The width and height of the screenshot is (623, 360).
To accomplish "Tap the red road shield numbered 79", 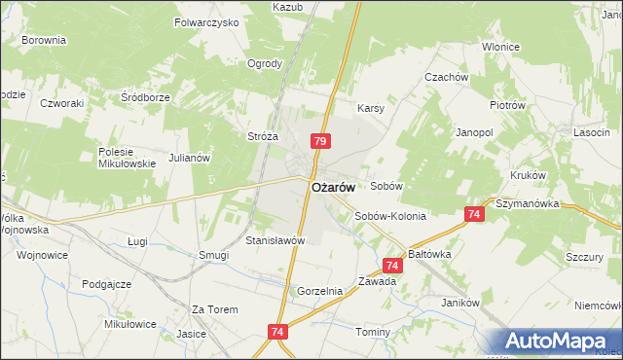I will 319,142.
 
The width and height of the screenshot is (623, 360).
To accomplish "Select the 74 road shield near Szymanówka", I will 474,214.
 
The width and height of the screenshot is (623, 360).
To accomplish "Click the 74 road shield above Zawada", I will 392,265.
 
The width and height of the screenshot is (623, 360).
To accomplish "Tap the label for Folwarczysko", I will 206,21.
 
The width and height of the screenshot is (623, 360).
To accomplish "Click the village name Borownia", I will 44,40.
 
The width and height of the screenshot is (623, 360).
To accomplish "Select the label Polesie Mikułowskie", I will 128,158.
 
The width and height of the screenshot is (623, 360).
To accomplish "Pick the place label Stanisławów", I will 275,239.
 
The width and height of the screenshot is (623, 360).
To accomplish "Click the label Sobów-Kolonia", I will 390,216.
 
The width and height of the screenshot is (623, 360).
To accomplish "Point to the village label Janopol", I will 475,131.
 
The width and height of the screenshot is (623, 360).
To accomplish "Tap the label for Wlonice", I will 499,47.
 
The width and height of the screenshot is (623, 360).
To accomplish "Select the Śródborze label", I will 145,97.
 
